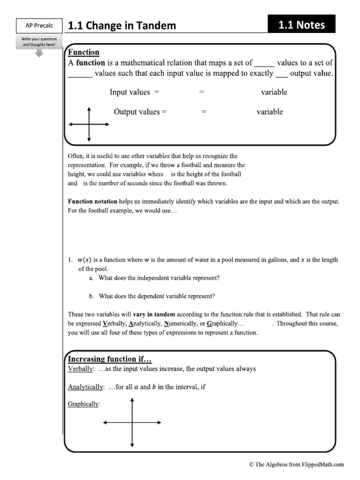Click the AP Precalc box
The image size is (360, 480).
pyautogui.click(x=39, y=25)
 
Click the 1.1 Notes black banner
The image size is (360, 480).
pyautogui.click(x=301, y=25)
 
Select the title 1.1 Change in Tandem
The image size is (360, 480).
pyautogui.click(x=122, y=26)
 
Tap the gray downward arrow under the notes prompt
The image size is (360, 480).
pyautogui.click(x=39, y=52)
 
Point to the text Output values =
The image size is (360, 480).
pyautogui.click(x=140, y=112)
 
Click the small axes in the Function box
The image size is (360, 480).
pyautogui.click(x=89, y=124)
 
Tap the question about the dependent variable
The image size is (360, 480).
pyautogui.click(x=157, y=296)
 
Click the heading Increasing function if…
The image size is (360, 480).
pyautogui.click(x=110, y=360)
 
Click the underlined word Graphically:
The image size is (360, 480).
pyautogui.click(x=84, y=404)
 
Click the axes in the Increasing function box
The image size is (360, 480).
pyautogui.click(x=132, y=422)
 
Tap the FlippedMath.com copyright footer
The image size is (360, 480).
pyautogui.click(x=296, y=465)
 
